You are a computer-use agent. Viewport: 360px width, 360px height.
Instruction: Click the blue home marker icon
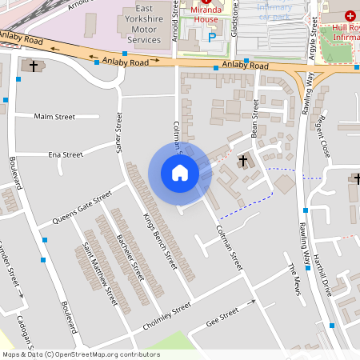(x=180, y=173)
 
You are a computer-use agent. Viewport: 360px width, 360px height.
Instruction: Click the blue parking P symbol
(x=212, y=37)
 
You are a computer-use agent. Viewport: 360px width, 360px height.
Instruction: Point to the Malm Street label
(x=54, y=117)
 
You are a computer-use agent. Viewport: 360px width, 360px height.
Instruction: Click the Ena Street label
(x=66, y=154)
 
